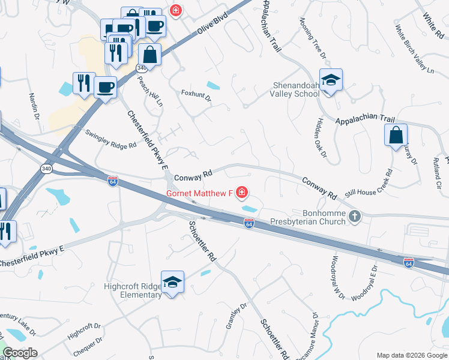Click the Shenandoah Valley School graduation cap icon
[330, 80]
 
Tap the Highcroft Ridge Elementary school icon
[172, 283]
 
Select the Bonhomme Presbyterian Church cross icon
[355, 216]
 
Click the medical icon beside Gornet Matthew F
[242, 193]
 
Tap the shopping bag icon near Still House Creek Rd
[396, 135]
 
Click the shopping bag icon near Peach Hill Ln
[150, 55]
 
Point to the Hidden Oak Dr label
[319, 138]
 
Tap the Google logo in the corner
[20, 353]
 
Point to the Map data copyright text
[411, 355]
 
